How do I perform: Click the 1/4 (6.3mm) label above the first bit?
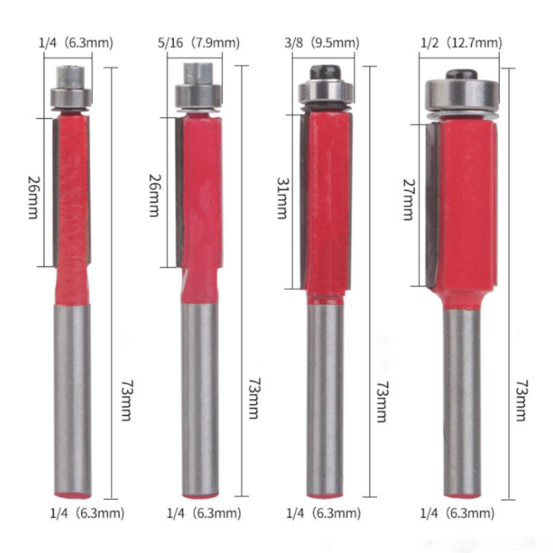pos(76,43)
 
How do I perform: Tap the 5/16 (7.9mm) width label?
pos(199,43)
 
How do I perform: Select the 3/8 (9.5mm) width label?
pos(322,43)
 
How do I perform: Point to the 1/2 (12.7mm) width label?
pos(461,43)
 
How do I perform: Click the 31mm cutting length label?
pos(283,198)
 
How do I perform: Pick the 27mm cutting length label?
pos(409,200)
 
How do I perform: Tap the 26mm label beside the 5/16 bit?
pos(154,195)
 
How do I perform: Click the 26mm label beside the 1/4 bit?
pos(34,197)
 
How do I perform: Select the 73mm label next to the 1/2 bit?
pos(521,400)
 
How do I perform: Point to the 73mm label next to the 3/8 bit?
pos(382,401)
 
